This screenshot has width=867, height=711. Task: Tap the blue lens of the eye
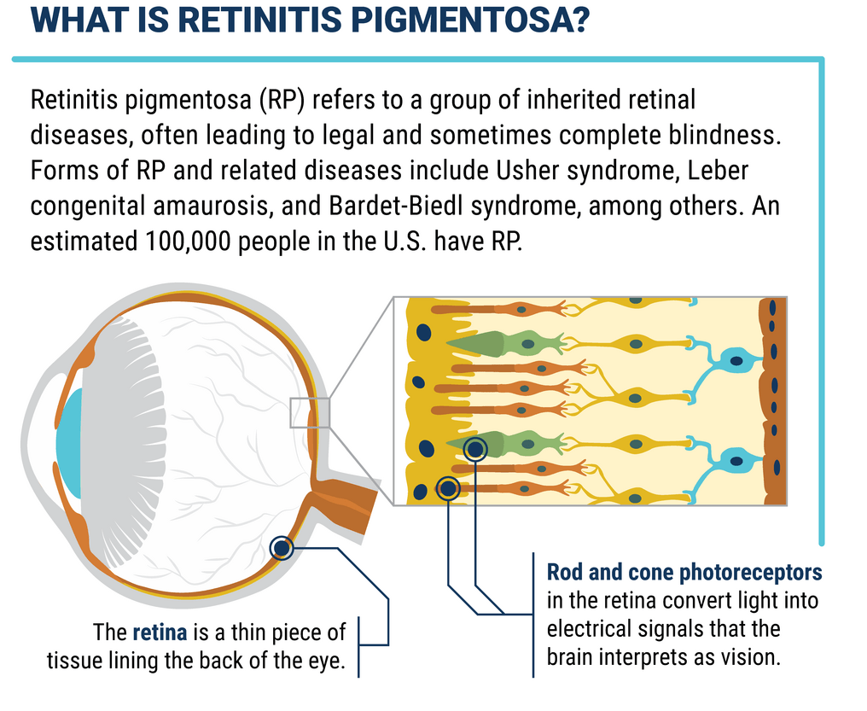coord(69,443)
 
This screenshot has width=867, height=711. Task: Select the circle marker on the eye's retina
coord(281,548)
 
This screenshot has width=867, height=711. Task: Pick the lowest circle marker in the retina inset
coord(448,488)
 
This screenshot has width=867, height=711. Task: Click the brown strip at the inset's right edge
coord(773,401)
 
